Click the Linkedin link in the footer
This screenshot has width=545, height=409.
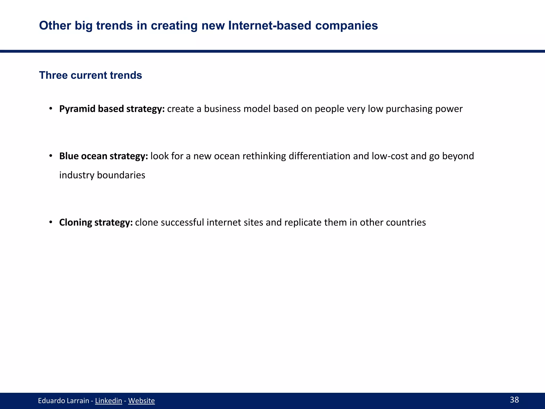(x=108, y=400)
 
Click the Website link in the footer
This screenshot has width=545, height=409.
(x=141, y=400)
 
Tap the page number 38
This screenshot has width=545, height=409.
(x=514, y=400)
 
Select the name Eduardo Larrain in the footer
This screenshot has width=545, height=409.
(x=63, y=400)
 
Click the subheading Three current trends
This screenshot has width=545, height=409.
(x=90, y=75)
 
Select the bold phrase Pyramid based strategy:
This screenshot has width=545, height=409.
(x=112, y=109)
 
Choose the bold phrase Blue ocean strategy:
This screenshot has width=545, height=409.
(x=104, y=156)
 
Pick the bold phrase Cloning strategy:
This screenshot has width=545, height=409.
(x=96, y=222)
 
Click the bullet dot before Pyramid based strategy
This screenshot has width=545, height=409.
(x=51, y=109)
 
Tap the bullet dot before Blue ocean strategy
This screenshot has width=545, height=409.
(x=51, y=156)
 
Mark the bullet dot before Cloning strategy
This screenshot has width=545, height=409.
(x=51, y=222)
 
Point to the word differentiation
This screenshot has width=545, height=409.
(x=319, y=156)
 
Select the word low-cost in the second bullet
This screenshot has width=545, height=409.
(x=390, y=156)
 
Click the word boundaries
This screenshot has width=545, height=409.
(x=121, y=175)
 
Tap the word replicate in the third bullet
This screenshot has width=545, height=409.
(x=303, y=222)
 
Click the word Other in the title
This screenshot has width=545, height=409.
(x=55, y=26)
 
